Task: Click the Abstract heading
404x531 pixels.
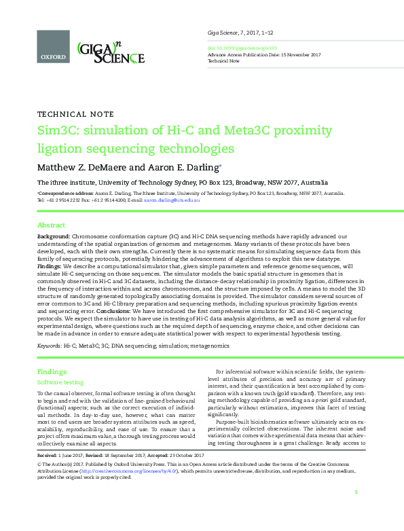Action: point(51,225)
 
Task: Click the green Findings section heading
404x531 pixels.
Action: point(52,372)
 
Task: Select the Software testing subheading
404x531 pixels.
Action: point(60,383)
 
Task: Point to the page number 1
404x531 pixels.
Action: point(356,511)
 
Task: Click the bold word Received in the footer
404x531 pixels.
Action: point(48,454)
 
